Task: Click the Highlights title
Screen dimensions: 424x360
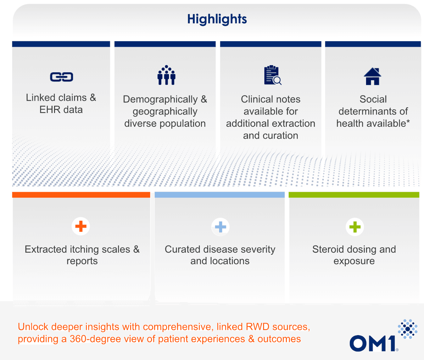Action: pyautogui.click(x=217, y=19)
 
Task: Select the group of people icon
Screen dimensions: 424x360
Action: pyautogui.click(x=166, y=75)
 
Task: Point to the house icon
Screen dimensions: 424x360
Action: pyautogui.click(x=372, y=76)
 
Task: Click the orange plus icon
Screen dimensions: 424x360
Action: pyautogui.click(x=81, y=226)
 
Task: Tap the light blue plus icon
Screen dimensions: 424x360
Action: pyautogui.click(x=220, y=227)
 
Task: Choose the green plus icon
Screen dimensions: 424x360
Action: pyautogui.click(x=355, y=227)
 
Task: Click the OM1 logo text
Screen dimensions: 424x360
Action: pyautogui.click(x=372, y=343)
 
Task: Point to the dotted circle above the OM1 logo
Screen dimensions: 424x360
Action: pyautogui.click(x=408, y=329)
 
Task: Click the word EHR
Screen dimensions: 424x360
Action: pyautogui.click(x=50, y=110)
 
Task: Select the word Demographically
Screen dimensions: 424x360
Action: pyautogui.click(x=160, y=99)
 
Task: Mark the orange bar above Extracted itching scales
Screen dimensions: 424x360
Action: pyautogui.click(x=81, y=195)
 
